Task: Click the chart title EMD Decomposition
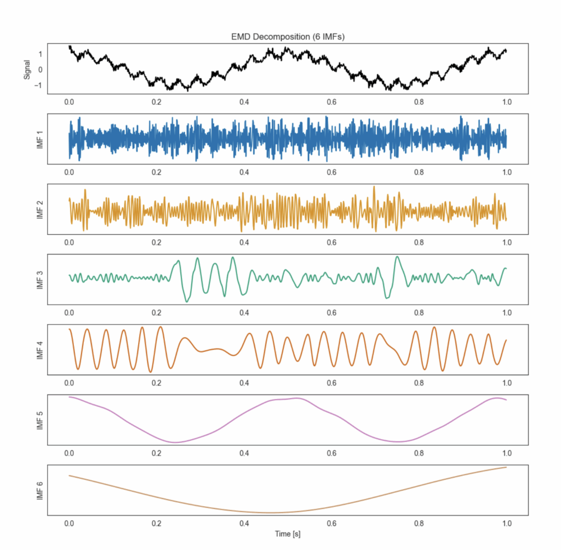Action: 288,37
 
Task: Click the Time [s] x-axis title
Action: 288,533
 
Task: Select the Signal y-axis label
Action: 27,69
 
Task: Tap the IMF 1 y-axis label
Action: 39,139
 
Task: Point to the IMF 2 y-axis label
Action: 39,209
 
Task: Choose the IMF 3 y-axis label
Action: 39,280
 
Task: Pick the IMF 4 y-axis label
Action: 39,350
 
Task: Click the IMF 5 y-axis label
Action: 39,420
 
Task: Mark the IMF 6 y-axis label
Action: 39,490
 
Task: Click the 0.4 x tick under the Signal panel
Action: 244,102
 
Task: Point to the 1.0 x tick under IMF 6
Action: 507,523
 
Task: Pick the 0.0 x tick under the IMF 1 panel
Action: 69,172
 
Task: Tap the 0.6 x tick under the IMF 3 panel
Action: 331,313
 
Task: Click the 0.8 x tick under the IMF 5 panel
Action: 419,453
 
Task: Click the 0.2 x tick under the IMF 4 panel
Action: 157,383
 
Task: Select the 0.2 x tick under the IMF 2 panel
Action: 157,242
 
